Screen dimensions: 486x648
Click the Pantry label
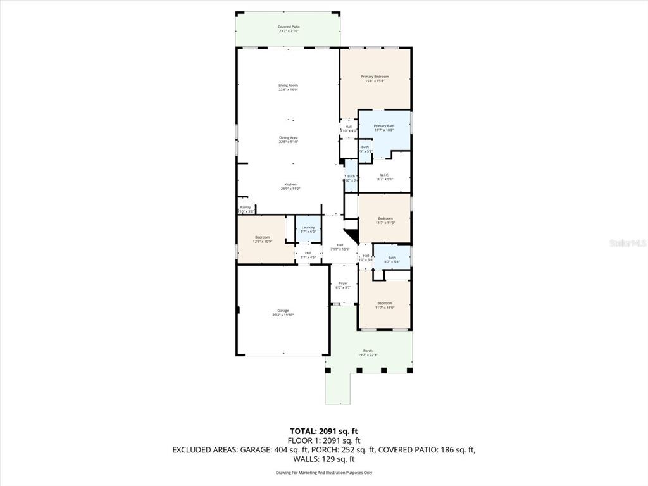click(245, 208)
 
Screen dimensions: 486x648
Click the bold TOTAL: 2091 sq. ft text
click(324, 431)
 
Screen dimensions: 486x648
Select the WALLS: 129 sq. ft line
click(324, 459)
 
